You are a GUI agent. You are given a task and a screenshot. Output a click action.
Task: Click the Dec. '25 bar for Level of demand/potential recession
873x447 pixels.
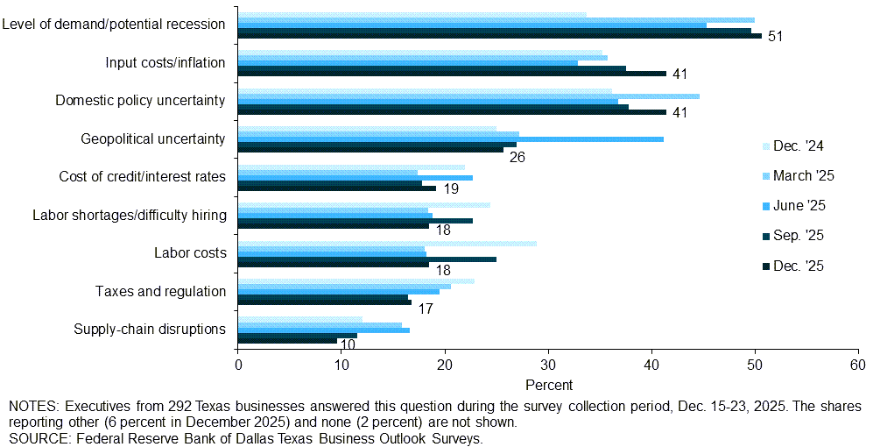pos(499,36)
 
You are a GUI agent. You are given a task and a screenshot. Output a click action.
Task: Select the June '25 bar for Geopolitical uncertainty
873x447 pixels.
pos(450,139)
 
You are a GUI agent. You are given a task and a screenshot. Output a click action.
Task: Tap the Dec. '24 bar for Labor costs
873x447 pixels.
pos(387,243)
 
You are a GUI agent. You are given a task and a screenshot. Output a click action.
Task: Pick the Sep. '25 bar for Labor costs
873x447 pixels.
pos(367,259)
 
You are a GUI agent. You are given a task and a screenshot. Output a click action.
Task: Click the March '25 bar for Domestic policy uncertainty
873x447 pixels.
pos(468,96)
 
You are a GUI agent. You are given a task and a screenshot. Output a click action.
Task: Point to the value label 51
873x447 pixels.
pos(775,36)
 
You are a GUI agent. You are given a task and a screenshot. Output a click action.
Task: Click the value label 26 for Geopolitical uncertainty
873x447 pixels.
pos(517,158)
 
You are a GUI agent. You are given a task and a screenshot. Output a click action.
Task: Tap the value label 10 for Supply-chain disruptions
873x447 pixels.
pos(348,345)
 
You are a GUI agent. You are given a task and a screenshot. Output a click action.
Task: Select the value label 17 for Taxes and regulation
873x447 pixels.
pos(425,309)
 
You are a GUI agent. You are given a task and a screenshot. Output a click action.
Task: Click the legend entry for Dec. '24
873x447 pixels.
pos(798,146)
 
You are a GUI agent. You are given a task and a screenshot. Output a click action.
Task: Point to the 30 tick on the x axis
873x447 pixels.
pos(548,365)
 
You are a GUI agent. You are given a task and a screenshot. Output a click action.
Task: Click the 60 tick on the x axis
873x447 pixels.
pos(858,365)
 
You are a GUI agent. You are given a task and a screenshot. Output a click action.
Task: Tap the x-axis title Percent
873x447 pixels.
pos(549,385)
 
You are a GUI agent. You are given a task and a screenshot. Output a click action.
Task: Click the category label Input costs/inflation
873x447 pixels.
pos(165,62)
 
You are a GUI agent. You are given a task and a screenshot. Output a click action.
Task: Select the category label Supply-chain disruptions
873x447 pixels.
pos(150,330)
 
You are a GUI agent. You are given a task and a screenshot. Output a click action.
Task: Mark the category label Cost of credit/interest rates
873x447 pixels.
pos(142,177)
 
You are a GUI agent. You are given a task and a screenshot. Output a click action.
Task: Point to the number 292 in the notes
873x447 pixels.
pos(172,407)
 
